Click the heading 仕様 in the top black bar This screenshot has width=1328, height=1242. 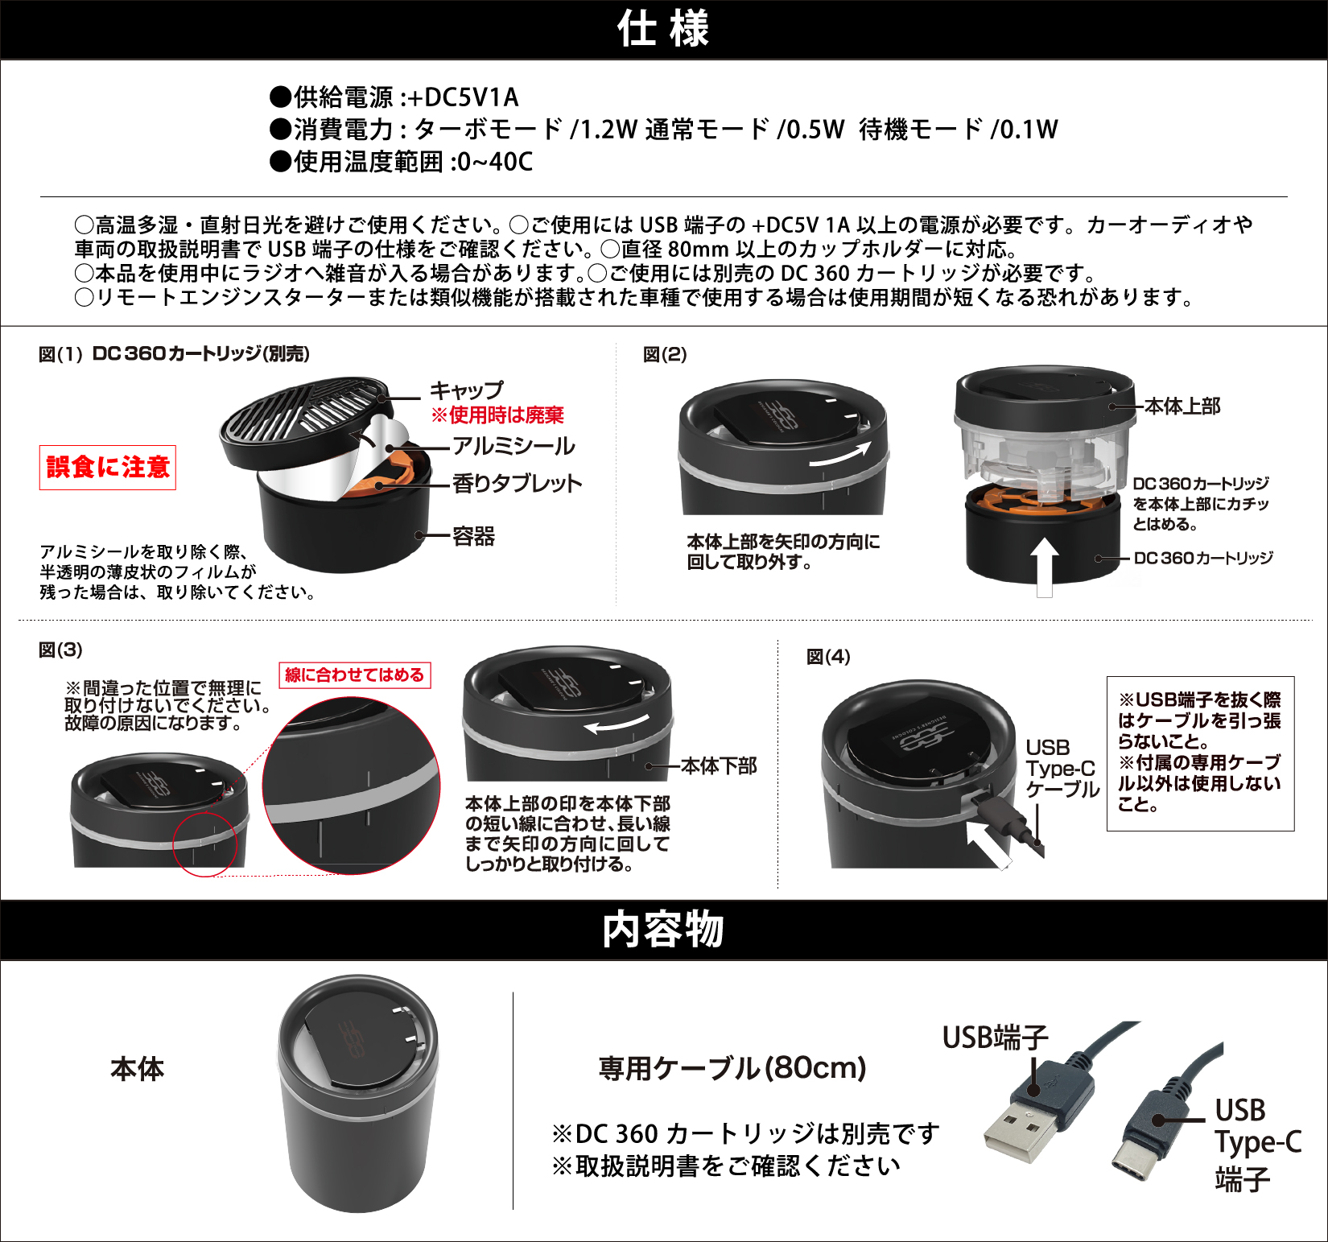coord(663,29)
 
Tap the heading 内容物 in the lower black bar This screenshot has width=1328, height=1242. coord(663,930)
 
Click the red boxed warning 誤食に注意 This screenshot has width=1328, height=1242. coord(108,467)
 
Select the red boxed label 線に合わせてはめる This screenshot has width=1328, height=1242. coord(354,675)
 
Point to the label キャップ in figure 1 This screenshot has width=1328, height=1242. coord(467,390)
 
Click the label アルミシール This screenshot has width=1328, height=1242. coord(513,446)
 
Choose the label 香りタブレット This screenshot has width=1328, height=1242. coord(517,483)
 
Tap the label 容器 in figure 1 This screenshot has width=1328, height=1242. coord(474,536)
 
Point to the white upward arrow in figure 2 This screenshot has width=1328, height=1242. coord(1044,567)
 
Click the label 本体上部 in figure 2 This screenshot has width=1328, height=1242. coord(1182,406)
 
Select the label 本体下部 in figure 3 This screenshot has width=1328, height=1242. coord(719,765)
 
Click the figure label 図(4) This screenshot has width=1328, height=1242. coord(828,657)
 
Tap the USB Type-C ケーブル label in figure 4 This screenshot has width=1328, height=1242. coord(1062,769)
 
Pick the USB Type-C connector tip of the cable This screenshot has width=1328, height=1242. coord(1131,1164)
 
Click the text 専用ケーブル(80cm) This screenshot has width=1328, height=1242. coord(732,1068)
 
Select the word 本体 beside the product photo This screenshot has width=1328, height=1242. coord(138,1069)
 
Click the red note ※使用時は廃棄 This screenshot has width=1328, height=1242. coord(497,415)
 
